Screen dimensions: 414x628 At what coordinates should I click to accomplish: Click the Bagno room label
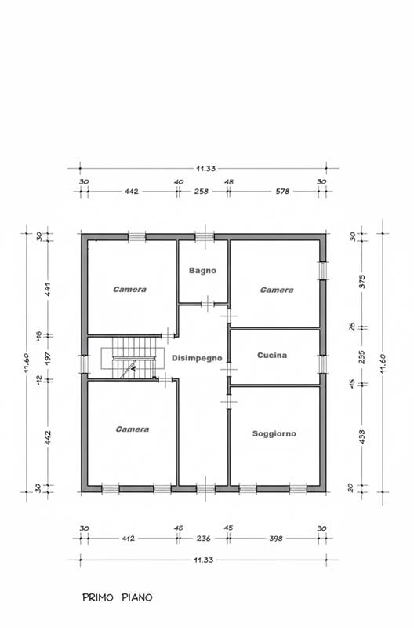(x=202, y=271)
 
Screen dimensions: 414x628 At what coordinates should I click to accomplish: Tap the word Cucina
(x=272, y=356)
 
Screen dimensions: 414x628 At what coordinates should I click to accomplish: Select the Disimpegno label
(x=197, y=358)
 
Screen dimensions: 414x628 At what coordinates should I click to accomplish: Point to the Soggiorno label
(x=274, y=434)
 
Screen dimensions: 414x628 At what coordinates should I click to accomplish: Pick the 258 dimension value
(x=202, y=192)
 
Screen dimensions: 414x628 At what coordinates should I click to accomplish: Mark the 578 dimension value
(x=282, y=192)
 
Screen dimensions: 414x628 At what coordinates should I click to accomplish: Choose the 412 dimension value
(x=129, y=539)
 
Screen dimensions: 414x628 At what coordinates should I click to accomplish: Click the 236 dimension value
(x=203, y=539)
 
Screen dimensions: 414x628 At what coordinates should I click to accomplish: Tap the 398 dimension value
(x=275, y=539)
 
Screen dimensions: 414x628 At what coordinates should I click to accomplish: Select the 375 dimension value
(x=362, y=282)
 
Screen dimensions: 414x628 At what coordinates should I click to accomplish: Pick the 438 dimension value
(x=362, y=437)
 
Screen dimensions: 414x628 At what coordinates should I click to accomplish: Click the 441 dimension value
(x=48, y=289)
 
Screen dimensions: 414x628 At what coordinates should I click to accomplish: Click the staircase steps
(x=133, y=357)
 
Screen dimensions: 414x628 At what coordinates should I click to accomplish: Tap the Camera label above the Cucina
(x=277, y=290)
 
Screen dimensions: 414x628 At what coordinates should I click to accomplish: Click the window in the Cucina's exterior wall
(x=323, y=364)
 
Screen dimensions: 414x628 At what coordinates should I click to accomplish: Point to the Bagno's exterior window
(x=205, y=237)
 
